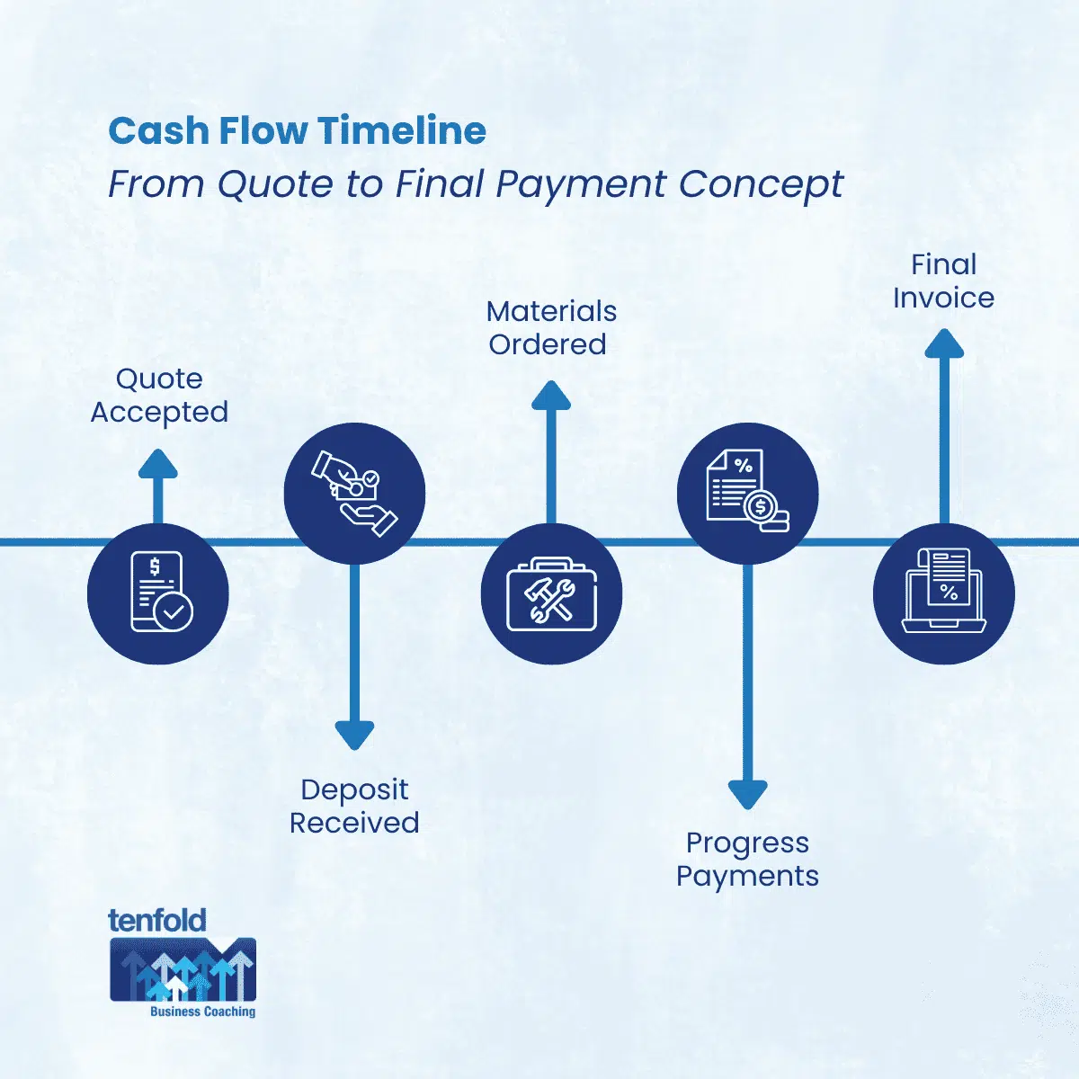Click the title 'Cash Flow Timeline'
tap(297, 131)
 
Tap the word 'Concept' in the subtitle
tap(761, 184)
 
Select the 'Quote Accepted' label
tap(159, 396)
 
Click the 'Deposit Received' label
tap(354, 806)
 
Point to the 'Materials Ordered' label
tap(550, 327)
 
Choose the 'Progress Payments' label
tap(747, 859)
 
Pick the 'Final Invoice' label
tap(943, 281)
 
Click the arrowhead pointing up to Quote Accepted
tap(158, 464)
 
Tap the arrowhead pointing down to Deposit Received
tap(354, 734)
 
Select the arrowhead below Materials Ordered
tap(551, 397)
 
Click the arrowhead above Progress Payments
tap(747, 793)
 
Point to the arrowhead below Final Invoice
tap(944, 344)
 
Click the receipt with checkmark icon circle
tap(158, 593)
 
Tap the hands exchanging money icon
tap(354, 493)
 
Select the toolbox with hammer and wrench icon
tap(551, 593)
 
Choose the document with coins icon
tap(747, 493)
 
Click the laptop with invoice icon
tap(944, 593)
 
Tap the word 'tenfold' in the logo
tap(157, 920)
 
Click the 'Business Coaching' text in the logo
tap(202, 1012)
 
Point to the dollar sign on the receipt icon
tap(155, 567)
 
